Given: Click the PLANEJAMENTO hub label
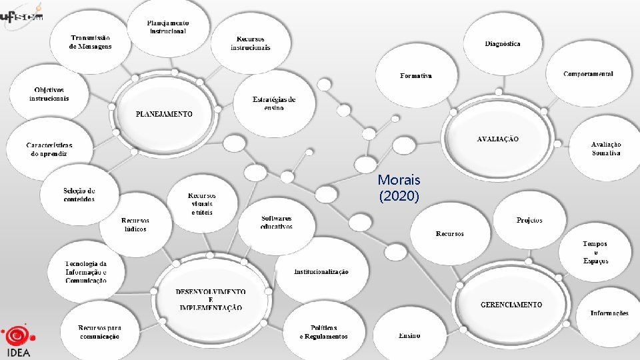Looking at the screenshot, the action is (x=164, y=114).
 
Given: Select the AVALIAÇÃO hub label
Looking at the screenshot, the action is (x=497, y=139).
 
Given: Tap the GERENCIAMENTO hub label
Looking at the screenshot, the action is (x=511, y=305).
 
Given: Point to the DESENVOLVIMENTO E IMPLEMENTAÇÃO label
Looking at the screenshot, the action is (x=211, y=300).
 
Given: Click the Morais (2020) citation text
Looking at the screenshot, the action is (x=399, y=188).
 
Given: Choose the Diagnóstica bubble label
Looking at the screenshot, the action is (x=503, y=44).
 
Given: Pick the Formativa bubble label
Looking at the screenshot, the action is (x=416, y=76).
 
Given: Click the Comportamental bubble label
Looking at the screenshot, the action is (x=588, y=74).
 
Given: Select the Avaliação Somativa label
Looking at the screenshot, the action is (x=606, y=149).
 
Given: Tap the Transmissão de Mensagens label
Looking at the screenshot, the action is (x=91, y=42).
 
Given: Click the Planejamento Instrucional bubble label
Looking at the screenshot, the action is (x=167, y=27).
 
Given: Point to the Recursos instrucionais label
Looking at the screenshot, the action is (x=251, y=43).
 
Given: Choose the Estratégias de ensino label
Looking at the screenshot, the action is (x=274, y=103).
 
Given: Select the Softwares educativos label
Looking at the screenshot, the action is (x=277, y=222).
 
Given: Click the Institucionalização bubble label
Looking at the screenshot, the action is (x=321, y=272).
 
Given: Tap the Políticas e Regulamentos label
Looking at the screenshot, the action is (x=323, y=332).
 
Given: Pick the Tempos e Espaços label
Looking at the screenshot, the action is (x=595, y=253).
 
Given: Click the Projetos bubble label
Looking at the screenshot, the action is (x=529, y=221).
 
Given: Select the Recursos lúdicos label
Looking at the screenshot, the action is (x=135, y=225).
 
